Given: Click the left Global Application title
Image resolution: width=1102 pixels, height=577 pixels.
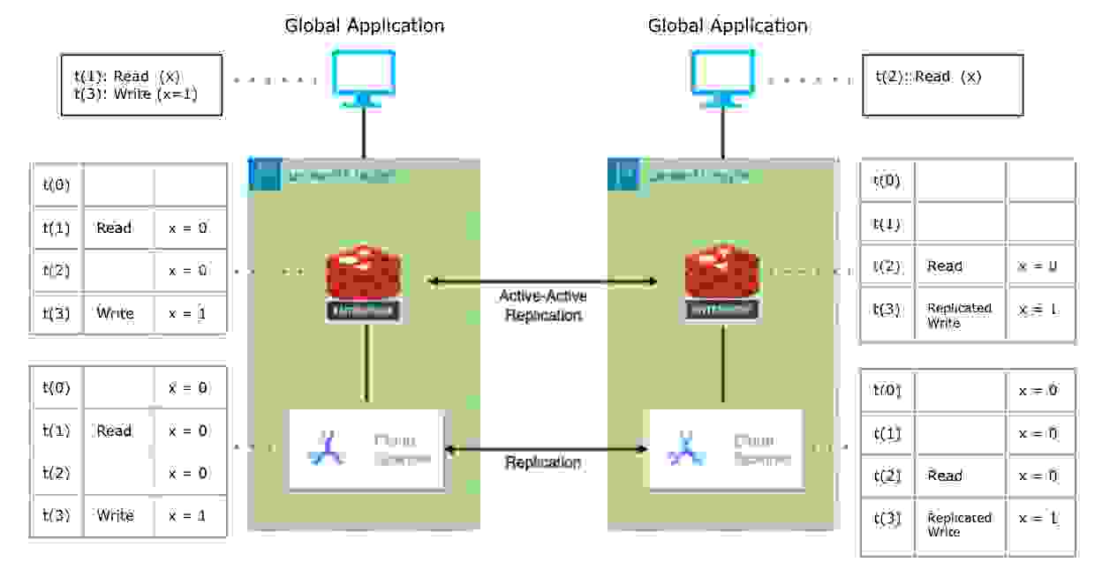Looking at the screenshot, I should point(364,25).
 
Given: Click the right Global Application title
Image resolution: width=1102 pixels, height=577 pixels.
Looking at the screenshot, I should point(728,25).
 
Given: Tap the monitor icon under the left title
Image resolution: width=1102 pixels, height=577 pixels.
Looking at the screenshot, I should point(363,79).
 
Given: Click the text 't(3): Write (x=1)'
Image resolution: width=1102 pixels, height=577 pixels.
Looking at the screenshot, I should point(142,94).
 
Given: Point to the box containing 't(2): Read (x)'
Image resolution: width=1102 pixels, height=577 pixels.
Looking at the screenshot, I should point(942,85).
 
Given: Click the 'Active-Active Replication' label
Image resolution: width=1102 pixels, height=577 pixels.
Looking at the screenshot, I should point(542,305).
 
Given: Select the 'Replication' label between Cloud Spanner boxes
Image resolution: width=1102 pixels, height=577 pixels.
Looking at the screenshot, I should point(542,462).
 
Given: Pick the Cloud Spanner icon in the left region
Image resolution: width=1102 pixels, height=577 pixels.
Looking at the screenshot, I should point(328,448).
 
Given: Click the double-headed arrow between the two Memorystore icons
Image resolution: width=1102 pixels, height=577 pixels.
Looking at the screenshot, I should point(542,282).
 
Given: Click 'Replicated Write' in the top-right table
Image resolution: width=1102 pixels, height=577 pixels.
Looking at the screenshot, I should point(959,315).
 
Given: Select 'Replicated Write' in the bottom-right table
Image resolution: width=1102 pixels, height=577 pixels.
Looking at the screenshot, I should point(959,525).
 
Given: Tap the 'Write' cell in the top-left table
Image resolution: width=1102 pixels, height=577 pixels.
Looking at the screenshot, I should point(115,313).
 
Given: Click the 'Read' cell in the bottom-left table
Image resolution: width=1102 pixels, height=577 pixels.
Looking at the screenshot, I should point(114,431).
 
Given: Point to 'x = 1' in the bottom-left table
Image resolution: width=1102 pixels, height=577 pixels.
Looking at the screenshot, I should point(187,515).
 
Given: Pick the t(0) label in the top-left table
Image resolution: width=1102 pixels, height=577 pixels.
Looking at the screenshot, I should point(56,185).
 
